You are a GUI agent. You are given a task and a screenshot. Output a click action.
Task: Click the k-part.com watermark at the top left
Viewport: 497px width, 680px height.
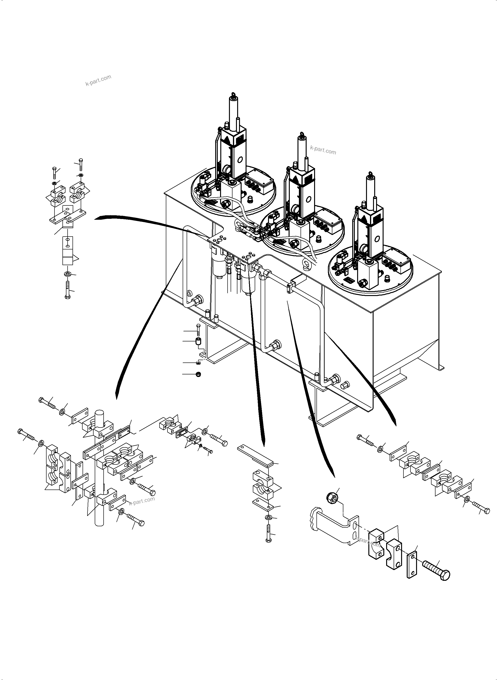(x=98, y=80)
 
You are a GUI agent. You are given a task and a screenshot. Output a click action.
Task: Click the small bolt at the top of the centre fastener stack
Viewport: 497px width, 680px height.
(x=198, y=330)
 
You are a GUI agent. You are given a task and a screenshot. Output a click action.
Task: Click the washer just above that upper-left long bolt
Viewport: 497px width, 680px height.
(x=67, y=274)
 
